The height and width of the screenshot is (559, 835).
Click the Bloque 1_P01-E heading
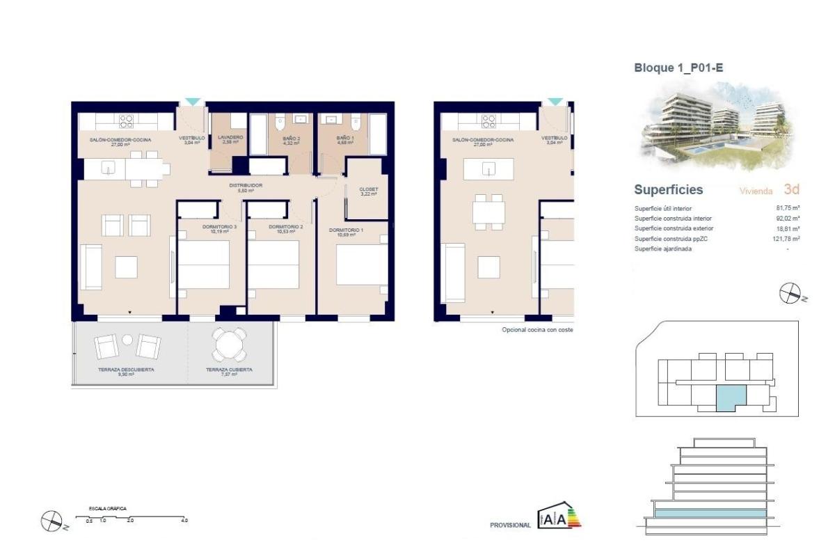672,68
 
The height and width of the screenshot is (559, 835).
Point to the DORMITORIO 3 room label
207,227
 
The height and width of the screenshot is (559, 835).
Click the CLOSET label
368,189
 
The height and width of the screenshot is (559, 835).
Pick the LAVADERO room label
230,138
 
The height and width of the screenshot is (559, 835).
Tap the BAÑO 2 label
291,139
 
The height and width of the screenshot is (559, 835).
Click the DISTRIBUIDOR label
246,185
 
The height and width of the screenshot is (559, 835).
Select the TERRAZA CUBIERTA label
229,370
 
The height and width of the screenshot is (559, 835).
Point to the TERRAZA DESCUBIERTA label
126,370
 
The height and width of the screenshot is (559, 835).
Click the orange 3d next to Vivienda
791,189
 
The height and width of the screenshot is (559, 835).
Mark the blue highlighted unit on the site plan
731,397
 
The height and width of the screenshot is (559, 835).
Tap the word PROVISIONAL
510,525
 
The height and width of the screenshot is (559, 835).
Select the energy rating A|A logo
559,518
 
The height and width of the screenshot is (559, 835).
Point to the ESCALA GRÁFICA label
107,510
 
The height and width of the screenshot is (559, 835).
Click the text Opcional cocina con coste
537,330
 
